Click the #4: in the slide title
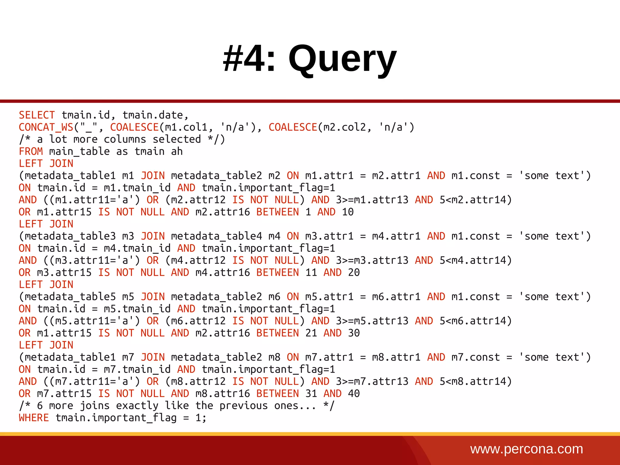(x=249, y=58)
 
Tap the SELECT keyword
(x=37, y=115)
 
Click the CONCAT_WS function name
(x=46, y=127)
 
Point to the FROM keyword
(x=31, y=151)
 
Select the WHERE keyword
(x=34, y=418)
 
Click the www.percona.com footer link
(x=526, y=449)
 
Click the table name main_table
(x=79, y=151)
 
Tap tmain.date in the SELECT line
(x=153, y=115)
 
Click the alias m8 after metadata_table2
(x=274, y=357)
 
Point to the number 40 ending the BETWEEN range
(x=354, y=394)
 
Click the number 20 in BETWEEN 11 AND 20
(x=354, y=272)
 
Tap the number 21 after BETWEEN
(x=311, y=333)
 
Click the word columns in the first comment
(x=125, y=140)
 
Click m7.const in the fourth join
(x=476, y=357)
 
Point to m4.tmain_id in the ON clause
(x=137, y=248)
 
